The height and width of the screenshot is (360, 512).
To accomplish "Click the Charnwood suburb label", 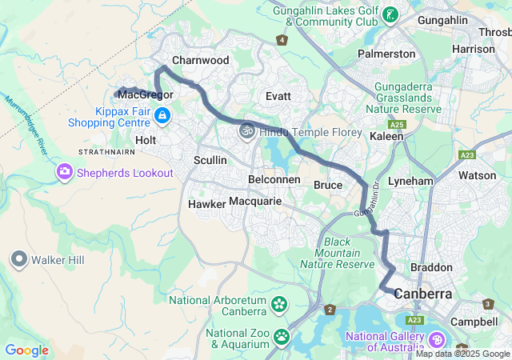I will point(200,60).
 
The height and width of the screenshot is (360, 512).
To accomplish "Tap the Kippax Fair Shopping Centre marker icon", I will point(162,116).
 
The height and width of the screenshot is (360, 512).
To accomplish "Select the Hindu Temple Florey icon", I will point(246,129).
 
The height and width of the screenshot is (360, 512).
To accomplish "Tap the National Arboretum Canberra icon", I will point(278,304).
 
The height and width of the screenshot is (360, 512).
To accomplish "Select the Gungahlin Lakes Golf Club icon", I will point(390,14).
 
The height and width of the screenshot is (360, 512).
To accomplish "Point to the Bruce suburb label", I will point(328,186).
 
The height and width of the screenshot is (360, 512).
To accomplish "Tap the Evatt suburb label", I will point(278,96).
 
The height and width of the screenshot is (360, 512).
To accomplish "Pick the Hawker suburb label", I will point(206,204).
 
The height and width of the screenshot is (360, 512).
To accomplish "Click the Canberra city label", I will point(422,294).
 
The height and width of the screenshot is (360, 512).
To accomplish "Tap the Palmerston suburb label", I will point(386,54).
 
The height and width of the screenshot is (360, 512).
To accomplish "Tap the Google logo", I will point(26,350).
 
